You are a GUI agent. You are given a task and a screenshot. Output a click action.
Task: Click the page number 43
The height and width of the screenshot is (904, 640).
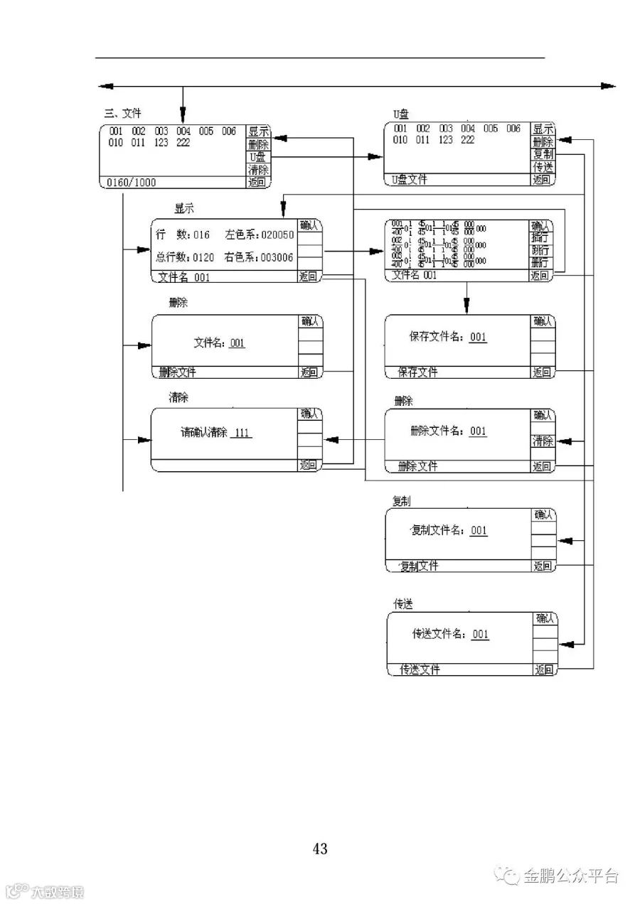320,849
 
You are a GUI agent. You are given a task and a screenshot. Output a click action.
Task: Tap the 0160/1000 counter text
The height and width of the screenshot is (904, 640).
132,183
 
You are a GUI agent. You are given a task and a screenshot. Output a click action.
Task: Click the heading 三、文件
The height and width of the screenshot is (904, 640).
123,113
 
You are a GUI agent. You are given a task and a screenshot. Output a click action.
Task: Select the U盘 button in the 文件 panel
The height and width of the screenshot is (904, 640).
257,157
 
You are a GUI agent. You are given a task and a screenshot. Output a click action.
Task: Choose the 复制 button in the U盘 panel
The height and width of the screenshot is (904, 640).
543,154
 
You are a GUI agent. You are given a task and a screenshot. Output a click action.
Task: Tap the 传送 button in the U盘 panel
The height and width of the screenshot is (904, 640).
543,167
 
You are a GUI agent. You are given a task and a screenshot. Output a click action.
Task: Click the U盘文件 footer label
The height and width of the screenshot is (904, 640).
410,180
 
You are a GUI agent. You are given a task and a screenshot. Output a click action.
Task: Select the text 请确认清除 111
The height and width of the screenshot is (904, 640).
216,432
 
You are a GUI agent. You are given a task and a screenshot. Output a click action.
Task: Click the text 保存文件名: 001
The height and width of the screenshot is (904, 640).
448,337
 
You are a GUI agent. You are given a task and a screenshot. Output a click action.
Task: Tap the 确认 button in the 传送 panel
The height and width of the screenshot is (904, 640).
545,619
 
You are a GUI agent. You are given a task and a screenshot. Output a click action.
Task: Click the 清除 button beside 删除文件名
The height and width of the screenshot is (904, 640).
543,441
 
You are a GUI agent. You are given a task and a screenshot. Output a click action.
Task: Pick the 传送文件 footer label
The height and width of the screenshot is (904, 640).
420,669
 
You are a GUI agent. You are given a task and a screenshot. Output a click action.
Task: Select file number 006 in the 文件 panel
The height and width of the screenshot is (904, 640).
228,131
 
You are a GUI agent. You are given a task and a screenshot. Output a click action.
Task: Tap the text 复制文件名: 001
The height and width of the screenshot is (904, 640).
449,530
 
